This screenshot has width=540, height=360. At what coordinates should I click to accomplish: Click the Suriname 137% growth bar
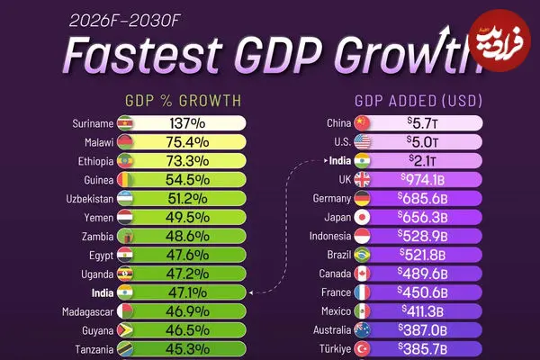(189, 123)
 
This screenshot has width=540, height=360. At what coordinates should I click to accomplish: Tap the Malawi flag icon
(125, 142)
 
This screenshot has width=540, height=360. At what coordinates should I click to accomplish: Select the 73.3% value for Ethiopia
(189, 161)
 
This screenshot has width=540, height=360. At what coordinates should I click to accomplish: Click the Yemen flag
(125, 217)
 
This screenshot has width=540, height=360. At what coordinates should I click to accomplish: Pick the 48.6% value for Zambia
(189, 236)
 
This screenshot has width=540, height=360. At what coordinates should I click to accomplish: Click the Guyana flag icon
(125, 330)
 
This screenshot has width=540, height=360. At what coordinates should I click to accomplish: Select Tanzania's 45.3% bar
(189, 349)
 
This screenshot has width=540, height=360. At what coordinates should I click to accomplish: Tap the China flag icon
(363, 123)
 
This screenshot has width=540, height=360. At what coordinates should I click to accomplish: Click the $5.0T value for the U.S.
(421, 142)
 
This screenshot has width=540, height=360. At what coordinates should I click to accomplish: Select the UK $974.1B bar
(423, 180)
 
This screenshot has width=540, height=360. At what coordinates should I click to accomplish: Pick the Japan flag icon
(363, 217)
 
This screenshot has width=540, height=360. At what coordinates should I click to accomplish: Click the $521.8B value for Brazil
(423, 255)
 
